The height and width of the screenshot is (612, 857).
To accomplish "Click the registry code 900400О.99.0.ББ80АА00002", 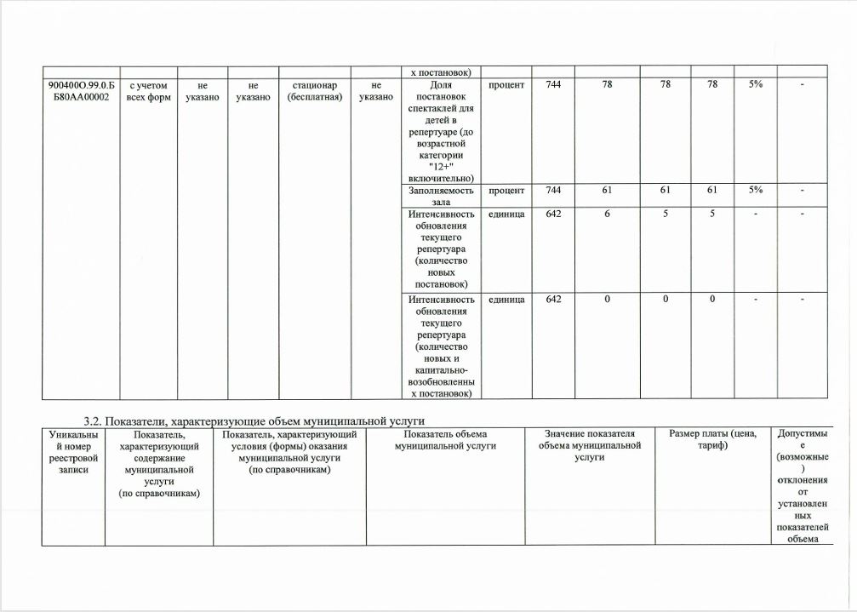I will [x=80, y=91].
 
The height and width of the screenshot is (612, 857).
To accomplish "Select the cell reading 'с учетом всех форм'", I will [x=148, y=91].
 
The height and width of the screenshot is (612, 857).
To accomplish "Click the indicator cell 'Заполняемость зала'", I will [x=441, y=196].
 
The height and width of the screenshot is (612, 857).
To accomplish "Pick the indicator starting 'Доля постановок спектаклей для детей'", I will [x=441, y=131].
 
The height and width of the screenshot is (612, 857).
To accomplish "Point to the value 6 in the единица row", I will [x=607, y=214].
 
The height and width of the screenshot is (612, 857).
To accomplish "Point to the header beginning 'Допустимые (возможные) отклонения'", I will [x=803, y=485].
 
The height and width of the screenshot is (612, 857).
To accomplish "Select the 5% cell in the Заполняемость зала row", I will [x=756, y=191].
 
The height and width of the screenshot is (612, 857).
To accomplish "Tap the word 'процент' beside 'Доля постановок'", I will [x=507, y=85].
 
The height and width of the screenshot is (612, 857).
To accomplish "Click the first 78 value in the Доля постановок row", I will [x=607, y=85].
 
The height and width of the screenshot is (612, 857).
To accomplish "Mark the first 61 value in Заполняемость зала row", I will [x=607, y=191].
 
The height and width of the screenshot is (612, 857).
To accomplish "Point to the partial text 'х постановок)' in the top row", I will [x=441, y=71].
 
